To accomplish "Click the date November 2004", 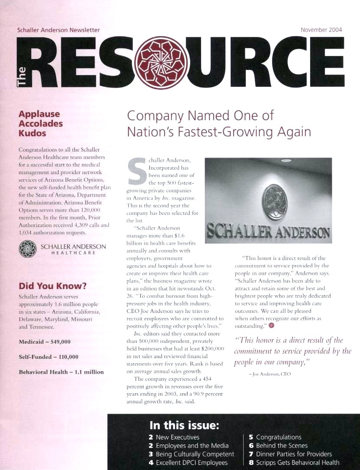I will pyautogui.click(x=321, y=30).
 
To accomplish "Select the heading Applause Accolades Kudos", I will pyautogui.click(x=40, y=123).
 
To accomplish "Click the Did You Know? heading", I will pyautogui.click(x=52, y=286).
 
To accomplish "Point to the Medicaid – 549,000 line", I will pyautogui.click(x=45, y=342).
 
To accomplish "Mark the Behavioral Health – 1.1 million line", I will pyautogui.click(x=61, y=372).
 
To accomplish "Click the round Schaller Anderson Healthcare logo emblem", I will pyautogui.click(x=27, y=250).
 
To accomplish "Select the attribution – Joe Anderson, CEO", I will pyautogui.click(x=269, y=373).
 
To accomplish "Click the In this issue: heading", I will pyautogui.click(x=184, y=424).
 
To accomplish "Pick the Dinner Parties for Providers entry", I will pyautogui.click(x=294, y=454).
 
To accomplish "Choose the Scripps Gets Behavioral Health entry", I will pyautogui.click(x=297, y=463).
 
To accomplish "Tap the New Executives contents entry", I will pyautogui.click(x=178, y=437).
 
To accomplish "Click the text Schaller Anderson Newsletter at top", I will pyautogui.click(x=58, y=30).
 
